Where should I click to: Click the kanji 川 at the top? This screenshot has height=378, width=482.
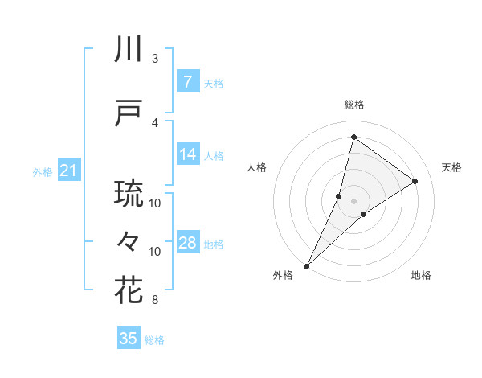coord(129,51)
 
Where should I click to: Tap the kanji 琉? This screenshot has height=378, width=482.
coord(129,194)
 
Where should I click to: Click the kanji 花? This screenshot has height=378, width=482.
coord(129,290)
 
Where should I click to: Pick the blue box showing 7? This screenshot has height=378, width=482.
coord(187,82)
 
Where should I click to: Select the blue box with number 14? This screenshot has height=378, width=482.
coord(187,155)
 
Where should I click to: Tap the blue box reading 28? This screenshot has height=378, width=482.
coord(187,244)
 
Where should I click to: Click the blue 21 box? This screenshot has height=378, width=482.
coord(68,171)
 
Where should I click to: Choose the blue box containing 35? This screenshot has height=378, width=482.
coord(129,339)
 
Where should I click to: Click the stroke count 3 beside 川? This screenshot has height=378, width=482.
coord(155,58)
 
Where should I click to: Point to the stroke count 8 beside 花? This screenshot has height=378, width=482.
coord(155,301)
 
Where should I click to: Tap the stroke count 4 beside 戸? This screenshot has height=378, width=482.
coord(155,122)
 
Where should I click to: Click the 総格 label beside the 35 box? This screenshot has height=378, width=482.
coord(154,340)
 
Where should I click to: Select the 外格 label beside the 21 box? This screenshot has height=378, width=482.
coord(42,172)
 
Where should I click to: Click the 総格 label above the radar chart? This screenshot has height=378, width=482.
coord(353,105)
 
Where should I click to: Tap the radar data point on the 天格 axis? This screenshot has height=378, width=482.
coord(415,181)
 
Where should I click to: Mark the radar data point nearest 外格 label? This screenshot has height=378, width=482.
coord(306,265)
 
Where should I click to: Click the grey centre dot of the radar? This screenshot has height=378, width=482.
coord(353,201)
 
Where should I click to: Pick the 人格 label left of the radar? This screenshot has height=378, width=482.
coord(257,167)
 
